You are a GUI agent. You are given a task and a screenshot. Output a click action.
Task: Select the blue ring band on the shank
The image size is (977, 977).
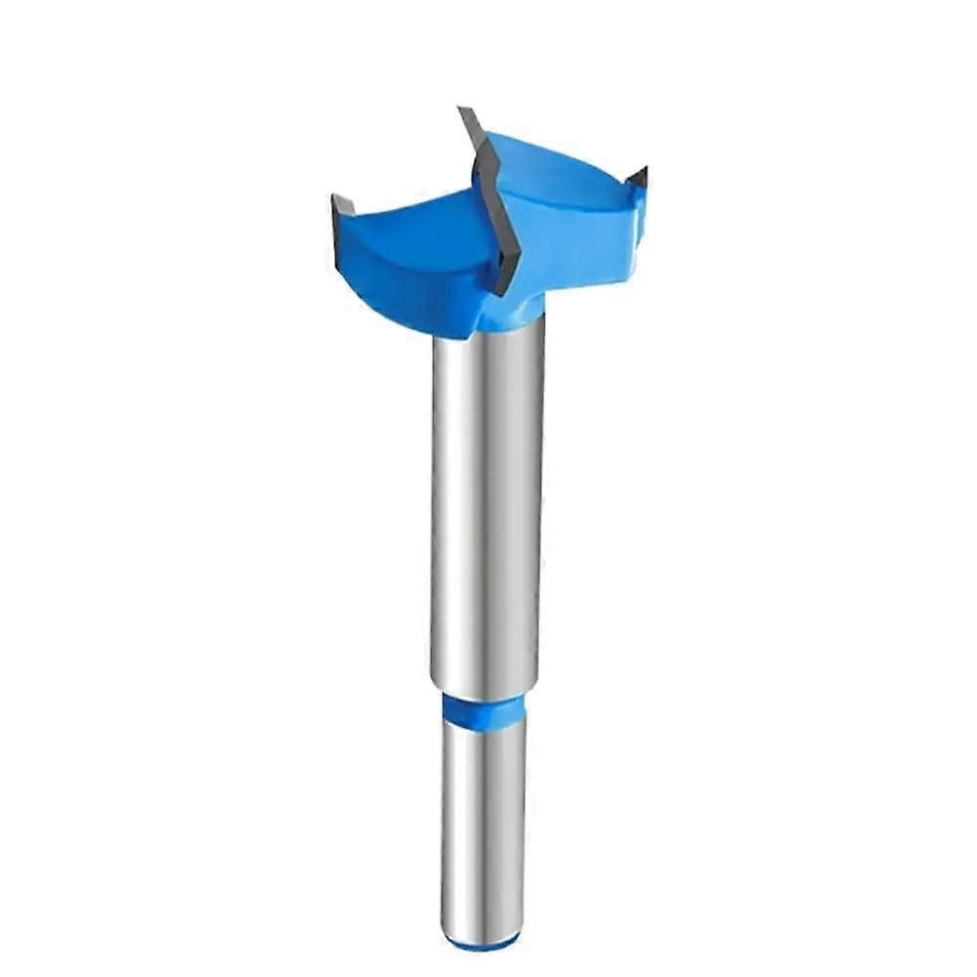pyautogui.click(x=483, y=710)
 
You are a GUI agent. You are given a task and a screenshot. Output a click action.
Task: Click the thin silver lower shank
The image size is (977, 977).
pyautogui.click(x=481, y=830)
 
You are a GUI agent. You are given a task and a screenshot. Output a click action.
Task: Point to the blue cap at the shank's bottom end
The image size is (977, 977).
pyautogui.click(x=481, y=943)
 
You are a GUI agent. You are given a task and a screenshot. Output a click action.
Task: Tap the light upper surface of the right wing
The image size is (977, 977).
pyautogui.click(x=557, y=171)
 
